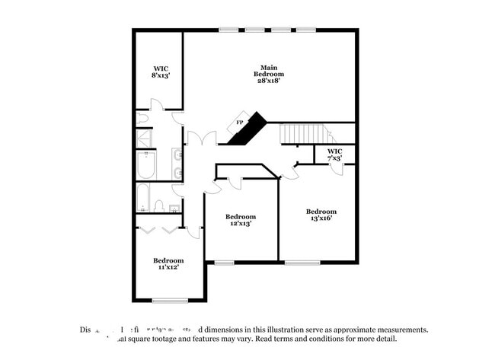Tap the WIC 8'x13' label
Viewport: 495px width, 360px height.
coord(160,72)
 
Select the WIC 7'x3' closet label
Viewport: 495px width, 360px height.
coord(335,155)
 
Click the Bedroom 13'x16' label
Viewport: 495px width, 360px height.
coord(321,215)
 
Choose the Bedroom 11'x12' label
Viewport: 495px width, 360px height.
coord(168,264)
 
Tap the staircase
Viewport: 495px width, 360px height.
coord(306,134)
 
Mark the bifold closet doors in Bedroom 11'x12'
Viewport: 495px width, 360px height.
coord(160,228)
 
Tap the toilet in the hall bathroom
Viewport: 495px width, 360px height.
coord(159,205)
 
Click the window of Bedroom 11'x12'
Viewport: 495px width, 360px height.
coord(170,300)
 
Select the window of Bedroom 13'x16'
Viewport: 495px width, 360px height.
coord(302,263)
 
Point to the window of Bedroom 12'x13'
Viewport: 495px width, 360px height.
coord(224,263)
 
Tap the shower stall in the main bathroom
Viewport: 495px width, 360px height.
coord(144,138)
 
